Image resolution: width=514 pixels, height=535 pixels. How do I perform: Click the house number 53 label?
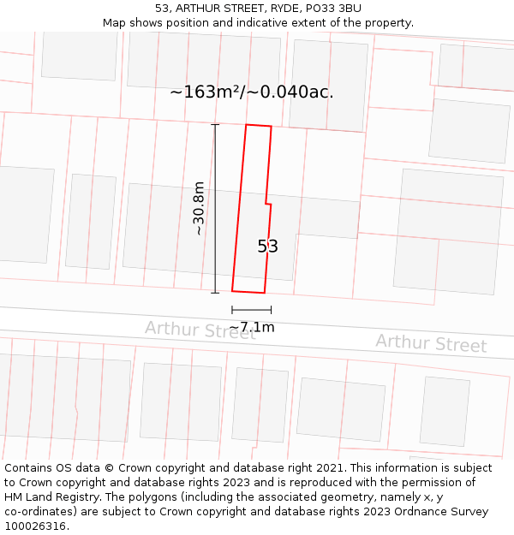pyautogui.click(x=267, y=247)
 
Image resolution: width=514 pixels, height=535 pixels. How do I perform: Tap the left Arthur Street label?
pyautogui.click(x=200, y=330)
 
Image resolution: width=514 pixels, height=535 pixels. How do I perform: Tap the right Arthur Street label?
pyautogui.click(x=431, y=343)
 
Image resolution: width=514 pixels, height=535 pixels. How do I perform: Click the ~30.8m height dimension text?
pyautogui.click(x=199, y=209)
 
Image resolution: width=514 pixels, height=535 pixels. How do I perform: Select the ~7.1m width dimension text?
pyautogui.click(x=252, y=327)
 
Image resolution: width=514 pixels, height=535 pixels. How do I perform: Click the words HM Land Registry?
pyautogui.click(x=45, y=497)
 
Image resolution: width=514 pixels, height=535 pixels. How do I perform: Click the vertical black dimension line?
pyautogui.click(x=215, y=209)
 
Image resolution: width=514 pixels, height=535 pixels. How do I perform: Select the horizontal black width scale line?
pyautogui.click(x=251, y=310)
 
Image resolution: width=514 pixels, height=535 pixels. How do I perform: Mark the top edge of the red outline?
pyautogui.click(x=259, y=126)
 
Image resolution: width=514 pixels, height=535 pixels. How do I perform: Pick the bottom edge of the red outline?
pyautogui.click(x=248, y=292)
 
